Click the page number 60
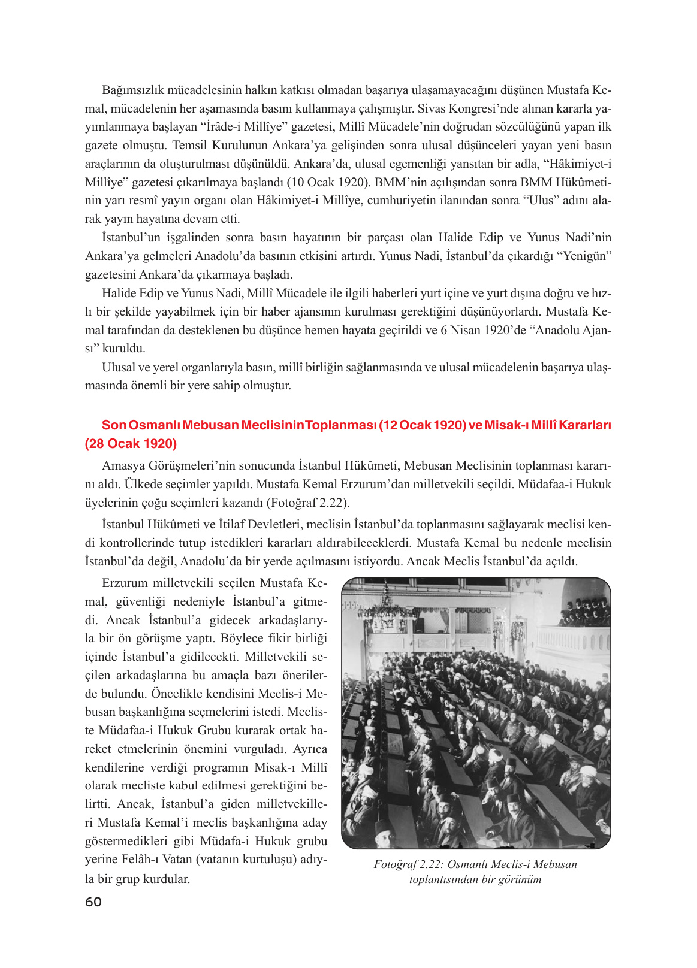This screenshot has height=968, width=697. (93, 902)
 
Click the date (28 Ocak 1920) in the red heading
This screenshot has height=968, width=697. (131, 444)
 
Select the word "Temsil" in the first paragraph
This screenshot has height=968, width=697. (189, 146)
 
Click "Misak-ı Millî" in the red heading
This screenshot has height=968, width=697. (520, 425)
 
